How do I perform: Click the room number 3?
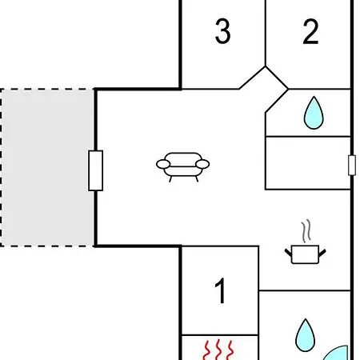(x=222, y=31)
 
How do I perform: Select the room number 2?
(x=310, y=31)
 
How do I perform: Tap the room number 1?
(x=221, y=290)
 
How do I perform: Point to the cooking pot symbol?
(x=306, y=254)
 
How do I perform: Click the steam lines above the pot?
(x=306, y=230)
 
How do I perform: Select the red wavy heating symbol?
(x=218, y=350)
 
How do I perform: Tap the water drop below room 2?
(x=314, y=113)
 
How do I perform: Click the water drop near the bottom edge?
(x=306, y=335)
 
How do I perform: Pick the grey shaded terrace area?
(x=47, y=167)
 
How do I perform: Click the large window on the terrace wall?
(x=96, y=170)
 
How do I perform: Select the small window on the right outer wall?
(x=352, y=166)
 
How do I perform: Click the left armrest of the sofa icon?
(x=163, y=164)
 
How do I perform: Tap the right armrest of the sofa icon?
(x=202, y=164)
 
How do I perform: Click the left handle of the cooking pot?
(x=289, y=253)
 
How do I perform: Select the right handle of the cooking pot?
(x=322, y=253)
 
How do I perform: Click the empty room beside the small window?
(x=308, y=163)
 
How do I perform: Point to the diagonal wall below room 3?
(x=252, y=78)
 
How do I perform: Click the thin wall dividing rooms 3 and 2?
(x=266, y=33)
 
